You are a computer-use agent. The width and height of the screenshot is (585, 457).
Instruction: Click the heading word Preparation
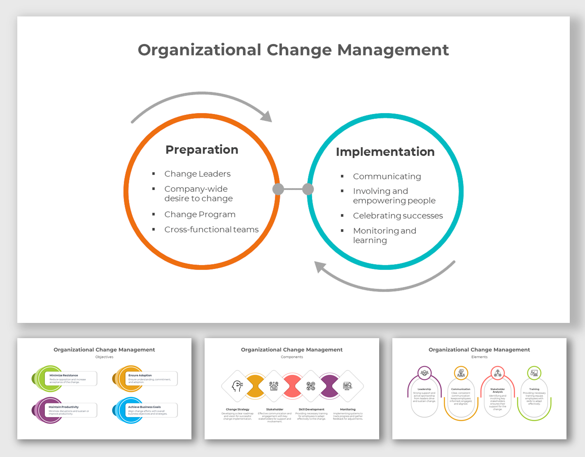click(202, 150)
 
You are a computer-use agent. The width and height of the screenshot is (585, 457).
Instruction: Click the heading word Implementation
click(385, 152)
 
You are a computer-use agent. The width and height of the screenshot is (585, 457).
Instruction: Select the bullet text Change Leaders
click(197, 174)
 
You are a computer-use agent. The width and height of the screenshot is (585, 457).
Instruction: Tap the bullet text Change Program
click(200, 214)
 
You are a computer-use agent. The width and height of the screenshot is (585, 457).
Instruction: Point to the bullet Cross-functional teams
click(211, 230)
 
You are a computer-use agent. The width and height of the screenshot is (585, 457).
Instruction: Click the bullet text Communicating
click(387, 176)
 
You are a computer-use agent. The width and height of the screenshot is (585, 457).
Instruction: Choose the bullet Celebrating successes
click(398, 216)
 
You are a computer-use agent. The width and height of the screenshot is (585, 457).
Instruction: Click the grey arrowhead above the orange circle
click(267, 116)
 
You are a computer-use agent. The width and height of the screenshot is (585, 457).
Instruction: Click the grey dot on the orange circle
click(278, 189)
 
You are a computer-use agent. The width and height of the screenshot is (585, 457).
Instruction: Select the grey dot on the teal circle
click(308, 189)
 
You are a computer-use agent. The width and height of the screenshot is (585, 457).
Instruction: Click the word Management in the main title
click(393, 50)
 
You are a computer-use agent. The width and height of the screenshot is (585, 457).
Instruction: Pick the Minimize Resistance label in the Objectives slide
click(63, 375)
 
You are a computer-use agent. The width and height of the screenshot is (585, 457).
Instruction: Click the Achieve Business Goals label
click(144, 407)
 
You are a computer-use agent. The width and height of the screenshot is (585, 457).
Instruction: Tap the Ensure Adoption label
click(140, 375)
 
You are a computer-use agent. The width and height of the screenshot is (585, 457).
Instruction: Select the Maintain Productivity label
click(63, 407)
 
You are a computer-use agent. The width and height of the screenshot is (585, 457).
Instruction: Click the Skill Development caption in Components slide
click(311, 409)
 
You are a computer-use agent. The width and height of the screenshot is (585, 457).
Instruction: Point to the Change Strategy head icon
click(238, 386)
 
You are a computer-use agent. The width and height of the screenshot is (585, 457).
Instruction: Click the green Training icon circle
click(534, 373)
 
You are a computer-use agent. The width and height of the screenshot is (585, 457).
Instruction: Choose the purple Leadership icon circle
click(424, 373)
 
